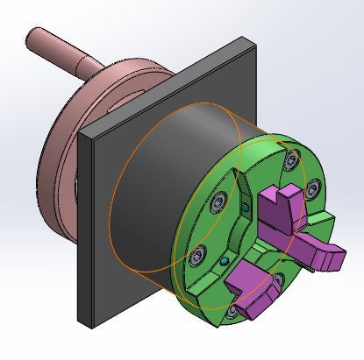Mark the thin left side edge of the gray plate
(82, 228)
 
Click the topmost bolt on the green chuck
(290, 159)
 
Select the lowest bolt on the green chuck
(232, 311)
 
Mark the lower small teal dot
(225, 260)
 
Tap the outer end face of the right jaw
(332, 259)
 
